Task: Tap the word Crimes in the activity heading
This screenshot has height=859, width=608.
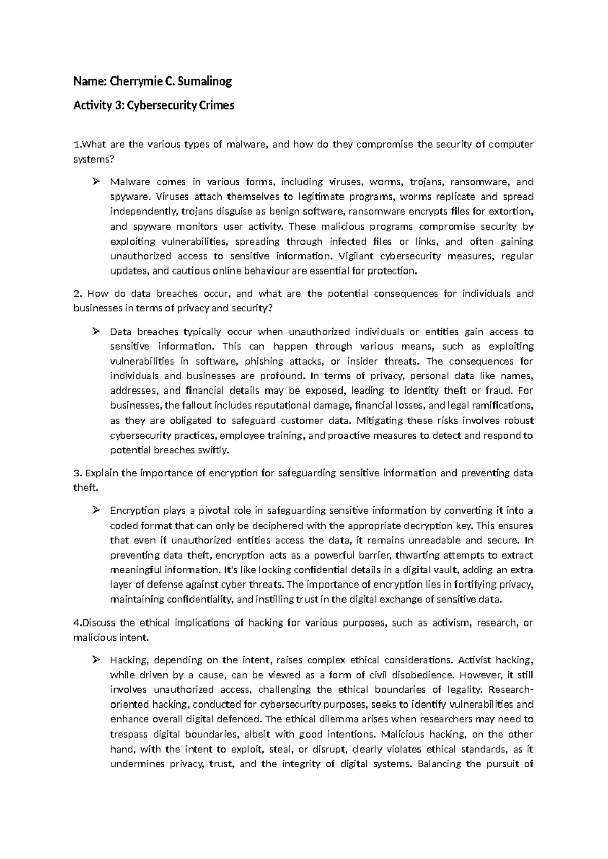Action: pyautogui.click(x=216, y=106)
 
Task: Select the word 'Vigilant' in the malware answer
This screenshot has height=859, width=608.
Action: pyautogui.click(x=356, y=256)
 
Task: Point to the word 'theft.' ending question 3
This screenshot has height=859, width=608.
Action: pyautogui.click(x=85, y=488)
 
